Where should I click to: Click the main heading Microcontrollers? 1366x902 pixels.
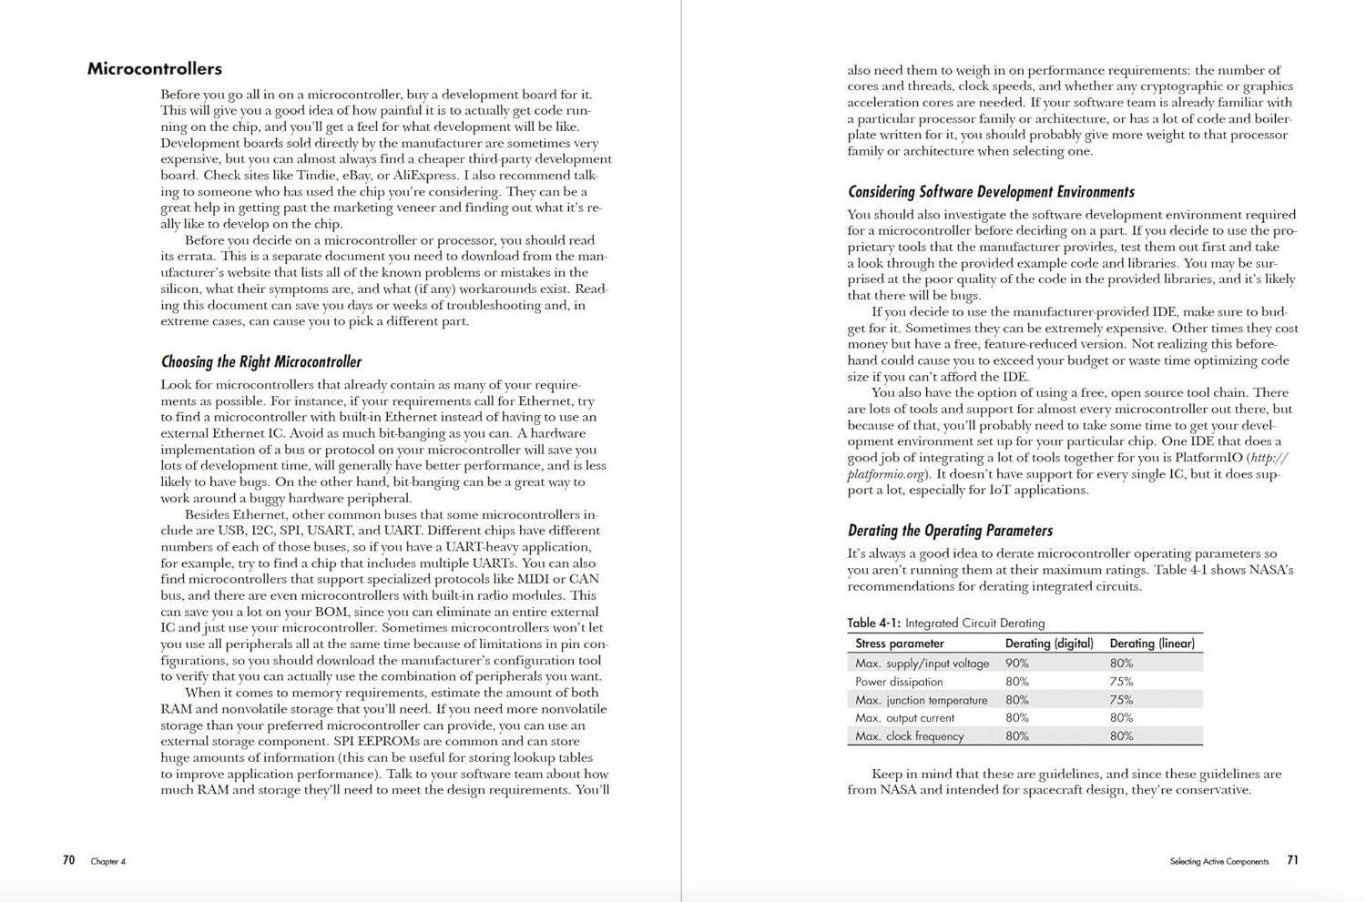[154, 69]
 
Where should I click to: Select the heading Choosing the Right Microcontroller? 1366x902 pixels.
[260, 362]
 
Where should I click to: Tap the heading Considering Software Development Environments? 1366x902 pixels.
[991, 192]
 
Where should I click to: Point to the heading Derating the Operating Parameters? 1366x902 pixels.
[950, 531]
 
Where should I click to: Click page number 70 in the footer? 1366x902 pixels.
[68, 860]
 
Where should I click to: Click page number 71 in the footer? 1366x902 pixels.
[1292, 860]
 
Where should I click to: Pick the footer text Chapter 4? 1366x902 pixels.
[107, 861]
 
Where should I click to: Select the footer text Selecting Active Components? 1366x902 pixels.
[1218, 861]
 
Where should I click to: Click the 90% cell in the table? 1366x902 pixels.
[1016, 664]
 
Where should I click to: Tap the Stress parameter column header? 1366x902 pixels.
[899, 644]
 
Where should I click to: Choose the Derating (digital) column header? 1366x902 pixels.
[1048, 644]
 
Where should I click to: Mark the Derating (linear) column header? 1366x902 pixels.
[1151, 644]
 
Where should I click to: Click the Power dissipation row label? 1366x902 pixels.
[898, 682]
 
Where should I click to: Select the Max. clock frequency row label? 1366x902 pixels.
[909, 736]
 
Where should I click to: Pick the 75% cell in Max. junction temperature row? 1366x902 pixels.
[1121, 700]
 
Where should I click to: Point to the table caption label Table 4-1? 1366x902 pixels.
[873, 623]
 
